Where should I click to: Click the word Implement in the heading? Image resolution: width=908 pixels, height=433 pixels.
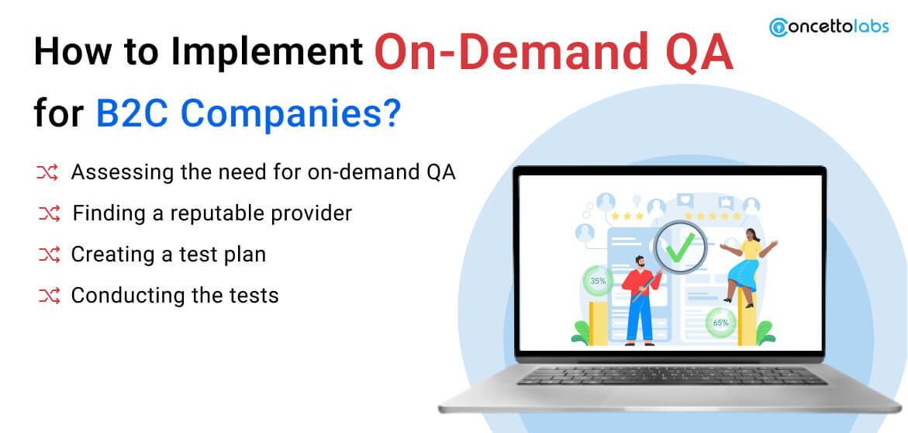(x=266, y=55)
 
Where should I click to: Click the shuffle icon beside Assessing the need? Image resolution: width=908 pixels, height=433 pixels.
(x=48, y=173)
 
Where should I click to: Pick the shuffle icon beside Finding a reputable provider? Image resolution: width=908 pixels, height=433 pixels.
(x=48, y=213)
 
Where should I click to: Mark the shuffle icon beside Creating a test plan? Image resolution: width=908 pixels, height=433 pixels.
(x=48, y=254)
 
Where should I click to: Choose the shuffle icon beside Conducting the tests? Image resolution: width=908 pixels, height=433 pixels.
(x=48, y=295)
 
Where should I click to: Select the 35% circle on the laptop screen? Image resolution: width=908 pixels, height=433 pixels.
(x=598, y=281)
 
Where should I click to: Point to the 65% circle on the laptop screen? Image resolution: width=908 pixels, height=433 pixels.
(x=720, y=321)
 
